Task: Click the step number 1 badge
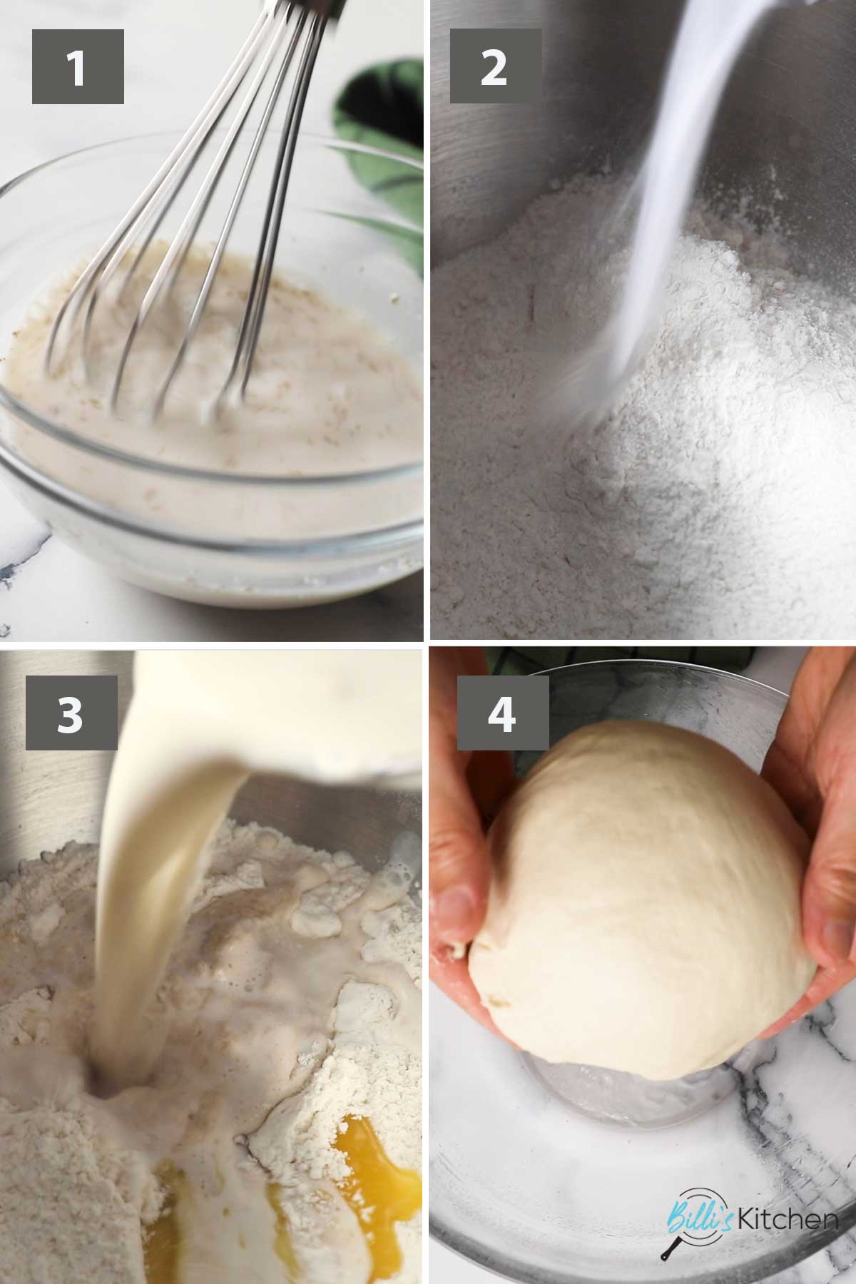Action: (78, 66)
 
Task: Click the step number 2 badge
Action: (494, 66)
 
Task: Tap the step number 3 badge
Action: (71, 713)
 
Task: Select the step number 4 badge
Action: (503, 713)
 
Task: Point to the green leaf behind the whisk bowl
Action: (382, 143)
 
